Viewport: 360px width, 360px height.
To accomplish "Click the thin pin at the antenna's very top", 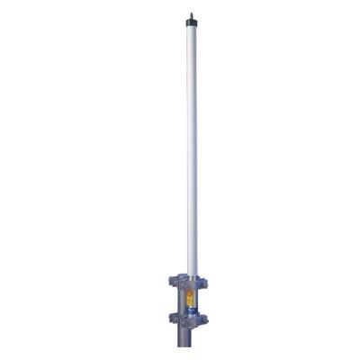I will click(192, 12).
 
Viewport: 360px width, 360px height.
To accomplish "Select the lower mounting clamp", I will click(192, 318).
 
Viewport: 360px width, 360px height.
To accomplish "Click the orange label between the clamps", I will click(190, 296).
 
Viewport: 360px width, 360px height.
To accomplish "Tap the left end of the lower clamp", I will click(168, 319).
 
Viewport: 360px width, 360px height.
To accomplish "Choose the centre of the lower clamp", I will click(192, 318).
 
